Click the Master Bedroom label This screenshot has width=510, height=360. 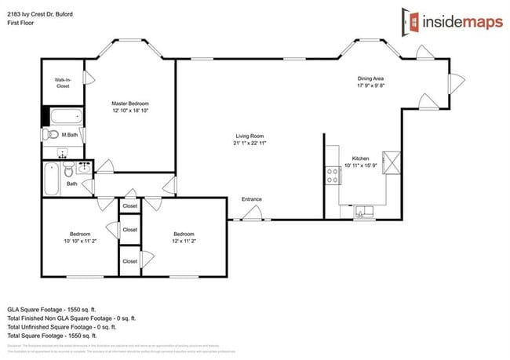point(129,107)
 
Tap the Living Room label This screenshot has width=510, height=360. point(250,140)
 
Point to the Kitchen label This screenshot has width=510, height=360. point(361,162)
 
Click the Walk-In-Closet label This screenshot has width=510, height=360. point(63,82)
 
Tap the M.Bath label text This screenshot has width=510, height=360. point(71,135)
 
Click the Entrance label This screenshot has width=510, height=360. point(251,199)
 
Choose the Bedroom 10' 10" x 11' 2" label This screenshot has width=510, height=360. point(79,238)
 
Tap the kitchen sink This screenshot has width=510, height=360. point(364,209)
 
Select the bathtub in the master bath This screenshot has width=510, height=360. point(66,118)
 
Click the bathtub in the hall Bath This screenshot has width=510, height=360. point(51,180)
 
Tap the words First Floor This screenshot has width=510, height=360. point(24,23)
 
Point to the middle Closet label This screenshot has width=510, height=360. point(129,230)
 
